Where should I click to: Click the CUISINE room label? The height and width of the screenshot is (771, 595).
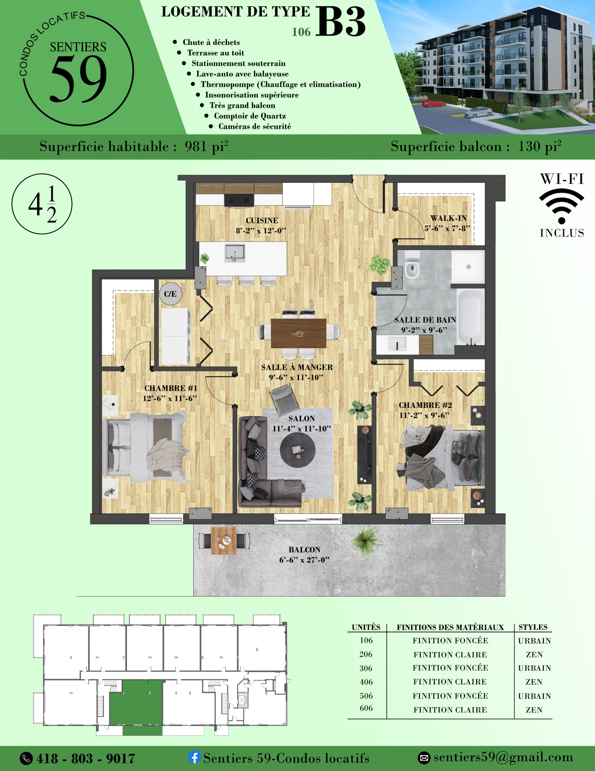pyautogui.click(x=262, y=220)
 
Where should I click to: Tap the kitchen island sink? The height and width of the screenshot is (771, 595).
pyautogui.click(x=235, y=253)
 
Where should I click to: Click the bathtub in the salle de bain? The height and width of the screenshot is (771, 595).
pyautogui.click(x=471, y=317)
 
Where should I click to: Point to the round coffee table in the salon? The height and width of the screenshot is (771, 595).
pyautogui.click(x=297, y=450)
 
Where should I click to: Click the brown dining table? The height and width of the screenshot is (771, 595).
pyautogui.click(x=299, y=333)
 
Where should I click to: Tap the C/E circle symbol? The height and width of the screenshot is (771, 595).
pyautogui.click(x=171, y=294)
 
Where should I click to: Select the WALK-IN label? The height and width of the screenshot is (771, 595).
pyautogui.click(x=449, y=218)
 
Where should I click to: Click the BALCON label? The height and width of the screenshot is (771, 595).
pyautogui.click(x=304, y=550)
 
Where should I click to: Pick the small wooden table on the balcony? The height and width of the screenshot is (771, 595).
pyautogui.click(x=224, y=541)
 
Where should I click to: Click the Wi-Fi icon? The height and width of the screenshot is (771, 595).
pyautogui.click(x=561, y=206)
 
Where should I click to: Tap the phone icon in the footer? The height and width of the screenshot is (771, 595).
pyautogui.click(x=26, y=758)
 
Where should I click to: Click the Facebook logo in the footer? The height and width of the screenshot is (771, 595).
pyautogui.click(x=194, y=757)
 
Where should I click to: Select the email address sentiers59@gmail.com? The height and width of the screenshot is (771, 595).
pyautogui.click(x=503, y=757)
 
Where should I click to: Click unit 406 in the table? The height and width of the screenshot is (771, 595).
pyautogui.click(x=366, y=682)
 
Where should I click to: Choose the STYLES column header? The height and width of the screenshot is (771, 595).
pyautogui.click(x=533, y=627)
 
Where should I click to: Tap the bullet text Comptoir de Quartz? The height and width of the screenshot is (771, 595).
pyautogui.click(x=250, y=116)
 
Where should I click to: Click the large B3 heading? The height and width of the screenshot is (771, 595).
pyautogui.click(x=340, y=22)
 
